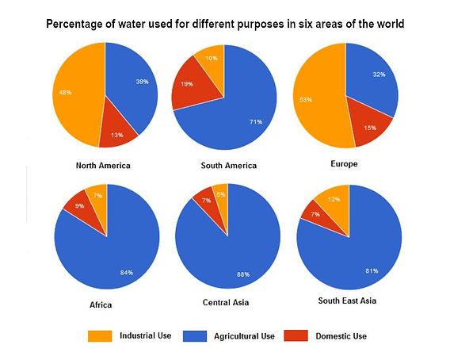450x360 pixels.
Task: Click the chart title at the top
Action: tap(225, 25)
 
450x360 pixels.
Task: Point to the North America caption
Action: tap(103, 166)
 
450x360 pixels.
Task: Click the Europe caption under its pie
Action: tap(345, 164)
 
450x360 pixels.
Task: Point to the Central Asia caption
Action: tap(226, 303)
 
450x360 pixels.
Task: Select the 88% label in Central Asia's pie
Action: tap(242, 274)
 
